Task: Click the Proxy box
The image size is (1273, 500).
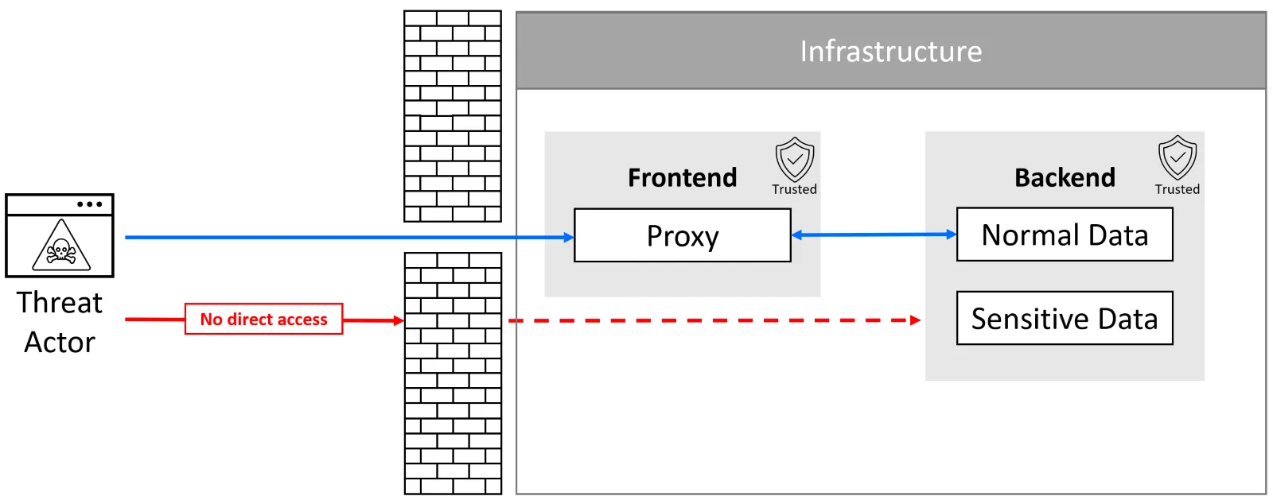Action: tap(682, 235)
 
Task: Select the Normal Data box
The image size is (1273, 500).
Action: tap(1064, 234)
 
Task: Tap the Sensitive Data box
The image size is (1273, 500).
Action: tap(1064, 318)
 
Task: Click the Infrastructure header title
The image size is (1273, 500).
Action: tap(890, 51)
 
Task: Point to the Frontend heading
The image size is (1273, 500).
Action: tap(682, 177)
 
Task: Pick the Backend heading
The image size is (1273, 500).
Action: tap(1065, 177)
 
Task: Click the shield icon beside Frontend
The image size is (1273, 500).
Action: tap(794, 159)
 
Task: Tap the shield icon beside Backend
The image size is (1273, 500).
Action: tap(1177, 157)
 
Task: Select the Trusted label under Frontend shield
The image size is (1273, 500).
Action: tap(794, 189)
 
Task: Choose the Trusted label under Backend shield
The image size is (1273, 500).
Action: tap(1177, 189)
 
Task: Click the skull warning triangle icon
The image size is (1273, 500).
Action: tap(60, 246)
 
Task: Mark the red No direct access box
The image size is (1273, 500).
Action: tap(263, 319)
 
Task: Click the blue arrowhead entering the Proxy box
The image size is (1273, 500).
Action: tap(568, 237)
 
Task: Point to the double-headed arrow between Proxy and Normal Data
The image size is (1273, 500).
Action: tap(874, 234)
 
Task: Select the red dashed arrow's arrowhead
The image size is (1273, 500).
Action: tap(915, 320)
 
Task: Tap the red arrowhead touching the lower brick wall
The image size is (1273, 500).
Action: tap(399, 320)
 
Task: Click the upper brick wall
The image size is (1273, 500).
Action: tap(452, 116)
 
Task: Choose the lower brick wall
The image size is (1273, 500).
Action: tap(453, 374)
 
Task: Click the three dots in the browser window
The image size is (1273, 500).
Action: tap(89, 204)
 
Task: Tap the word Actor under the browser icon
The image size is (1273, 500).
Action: tap(60, 343)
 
